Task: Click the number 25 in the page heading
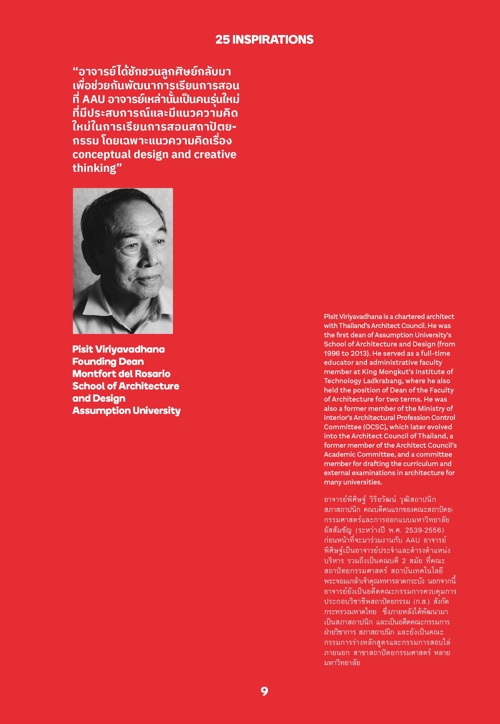(222, 40)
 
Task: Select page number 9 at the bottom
(264, 691)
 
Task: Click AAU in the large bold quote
(93, 99)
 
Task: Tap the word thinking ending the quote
(94, 168)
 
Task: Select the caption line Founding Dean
(108, 362)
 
